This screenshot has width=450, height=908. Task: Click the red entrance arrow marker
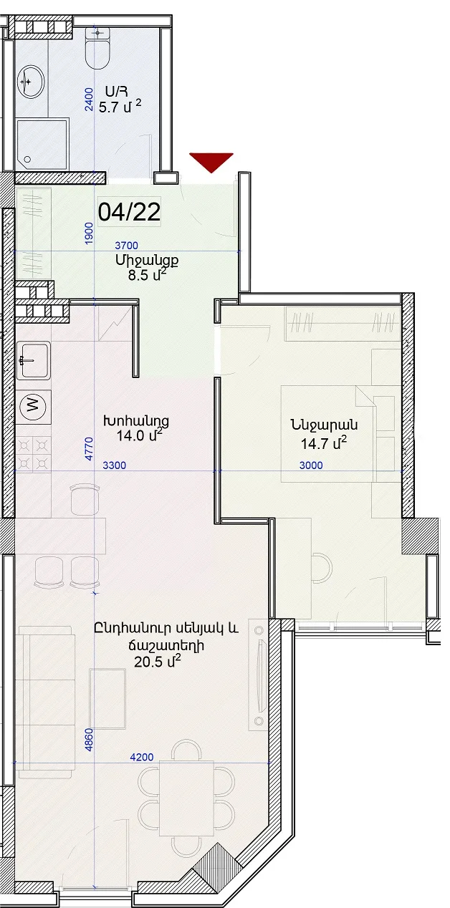(x=211, y=161)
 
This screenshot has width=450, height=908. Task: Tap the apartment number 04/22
(x=130, y=211)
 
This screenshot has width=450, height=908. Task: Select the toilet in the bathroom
(x=97, y=49)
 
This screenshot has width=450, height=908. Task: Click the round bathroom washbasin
(x=32, y=82)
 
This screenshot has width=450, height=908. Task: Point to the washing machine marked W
(x=34, y=405)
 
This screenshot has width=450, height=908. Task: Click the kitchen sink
(x=34, y=360)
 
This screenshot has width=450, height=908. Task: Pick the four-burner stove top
(x=33, y=454)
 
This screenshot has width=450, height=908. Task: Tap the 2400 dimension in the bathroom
(x=88, y=100)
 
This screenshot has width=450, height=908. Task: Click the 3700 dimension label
(x=127, y=245)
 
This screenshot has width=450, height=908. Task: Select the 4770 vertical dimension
(x=89, y=449)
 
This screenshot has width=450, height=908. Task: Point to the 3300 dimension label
(x=115, y=465)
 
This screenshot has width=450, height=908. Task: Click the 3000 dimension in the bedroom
(x=311, y=465)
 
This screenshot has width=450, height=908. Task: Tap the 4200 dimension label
(x=142, y=757)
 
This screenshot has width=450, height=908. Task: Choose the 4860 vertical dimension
(x=89, y=740)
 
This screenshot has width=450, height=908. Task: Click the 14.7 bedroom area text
(x=324, y=443)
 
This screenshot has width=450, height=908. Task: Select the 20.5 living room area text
(x=158, y=662)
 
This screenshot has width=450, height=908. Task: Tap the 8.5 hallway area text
(x=148, y=275)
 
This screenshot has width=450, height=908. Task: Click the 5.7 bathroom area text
(x=120, y=107)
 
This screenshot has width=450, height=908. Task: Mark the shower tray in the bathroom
(x=42, y=145)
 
